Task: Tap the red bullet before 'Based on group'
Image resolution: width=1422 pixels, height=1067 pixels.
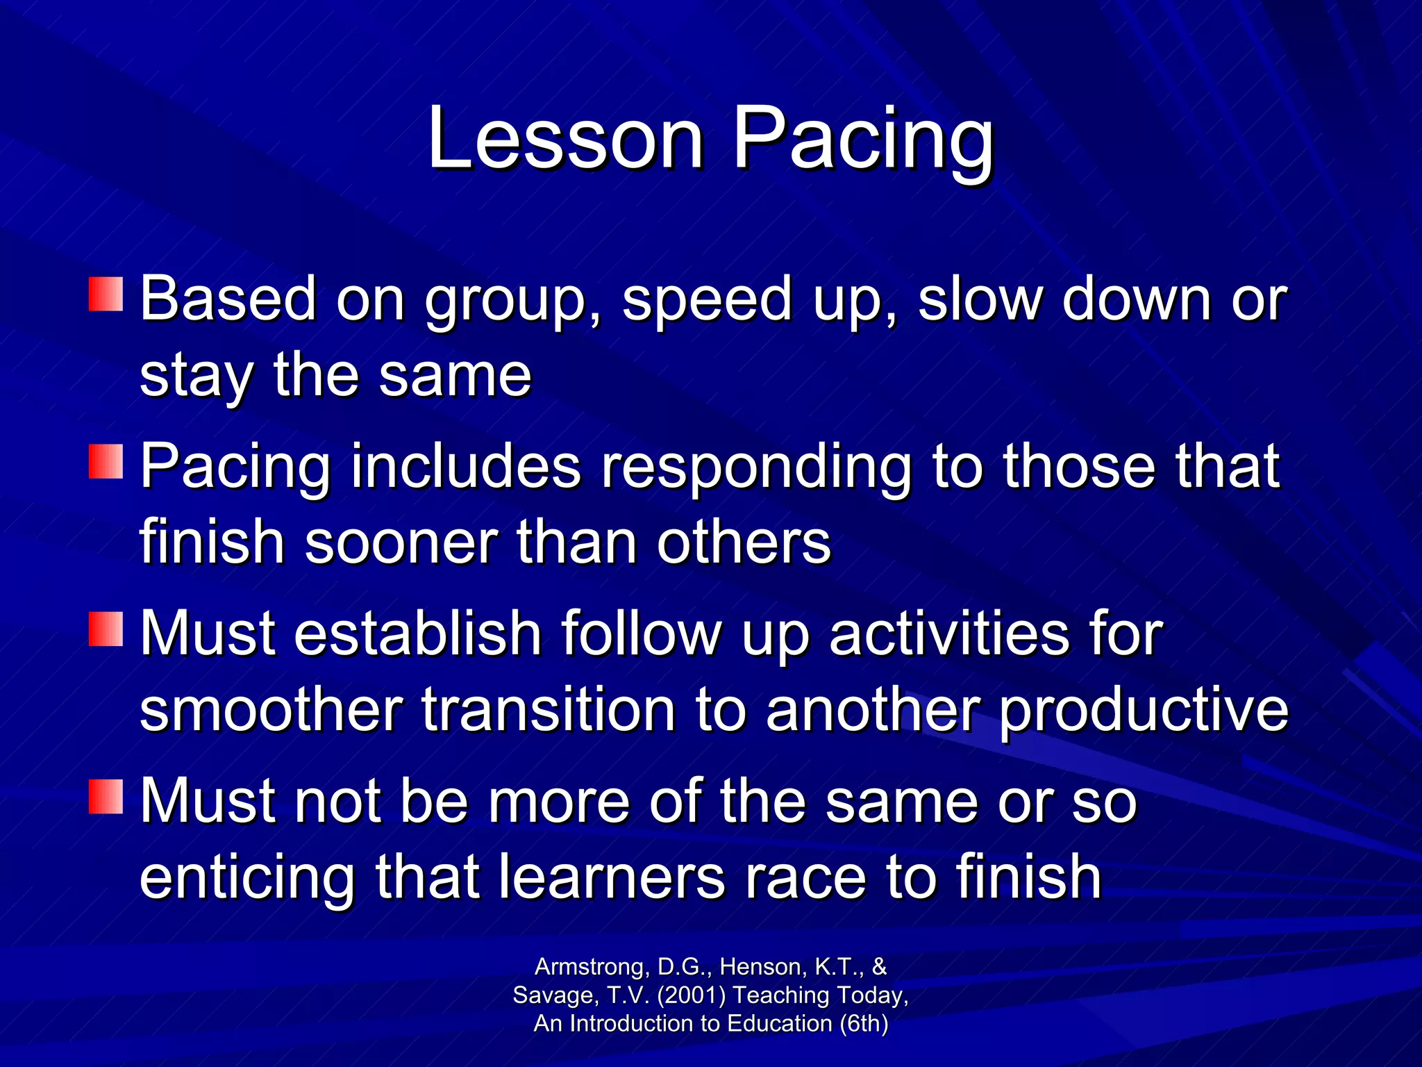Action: [106, 295]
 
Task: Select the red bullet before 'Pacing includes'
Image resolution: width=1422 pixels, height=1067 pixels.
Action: [106, 462]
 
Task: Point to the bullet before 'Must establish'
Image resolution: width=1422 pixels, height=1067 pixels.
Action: [106, 629]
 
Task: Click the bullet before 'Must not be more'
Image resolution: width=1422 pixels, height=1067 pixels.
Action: [106, 797]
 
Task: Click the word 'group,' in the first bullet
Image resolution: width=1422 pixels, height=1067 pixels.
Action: [512, 301]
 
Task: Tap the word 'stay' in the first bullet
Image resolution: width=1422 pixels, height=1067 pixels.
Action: [196, 377]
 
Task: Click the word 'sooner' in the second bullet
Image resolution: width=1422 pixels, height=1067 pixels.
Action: [401, 542]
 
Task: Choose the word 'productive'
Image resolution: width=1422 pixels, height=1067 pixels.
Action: [1144, 711]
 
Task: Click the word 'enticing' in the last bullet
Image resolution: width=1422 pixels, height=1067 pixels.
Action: [247, 877]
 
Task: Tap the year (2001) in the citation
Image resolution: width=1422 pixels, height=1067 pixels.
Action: [691, 995]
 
